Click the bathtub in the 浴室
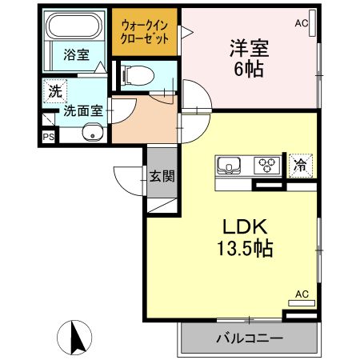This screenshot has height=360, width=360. (74, 26)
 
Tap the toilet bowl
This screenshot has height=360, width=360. (138, 75)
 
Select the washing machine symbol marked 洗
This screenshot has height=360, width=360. (55, 91)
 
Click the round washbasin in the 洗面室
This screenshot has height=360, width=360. (93, 132)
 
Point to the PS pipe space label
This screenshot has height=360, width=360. (49, 137)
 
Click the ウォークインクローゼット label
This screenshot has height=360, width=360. (145, 32)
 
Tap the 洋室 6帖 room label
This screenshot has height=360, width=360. (249, 58)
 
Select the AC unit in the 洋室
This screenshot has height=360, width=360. (312, 23)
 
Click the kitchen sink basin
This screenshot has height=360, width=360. (229, 166)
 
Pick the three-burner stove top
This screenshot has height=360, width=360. (267, 166)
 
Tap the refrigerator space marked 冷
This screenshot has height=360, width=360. (301, 166)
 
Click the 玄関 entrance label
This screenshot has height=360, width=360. (162, 176)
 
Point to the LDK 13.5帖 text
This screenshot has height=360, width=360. (245, 238)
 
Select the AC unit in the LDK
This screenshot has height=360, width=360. (302, 303)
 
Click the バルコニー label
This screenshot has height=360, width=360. (250, 338)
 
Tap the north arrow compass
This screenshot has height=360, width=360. (74, 338)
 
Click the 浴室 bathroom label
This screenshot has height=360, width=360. (76, 54)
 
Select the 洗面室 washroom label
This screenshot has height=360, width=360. (83, 110)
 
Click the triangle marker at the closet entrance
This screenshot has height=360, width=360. (186, 33)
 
